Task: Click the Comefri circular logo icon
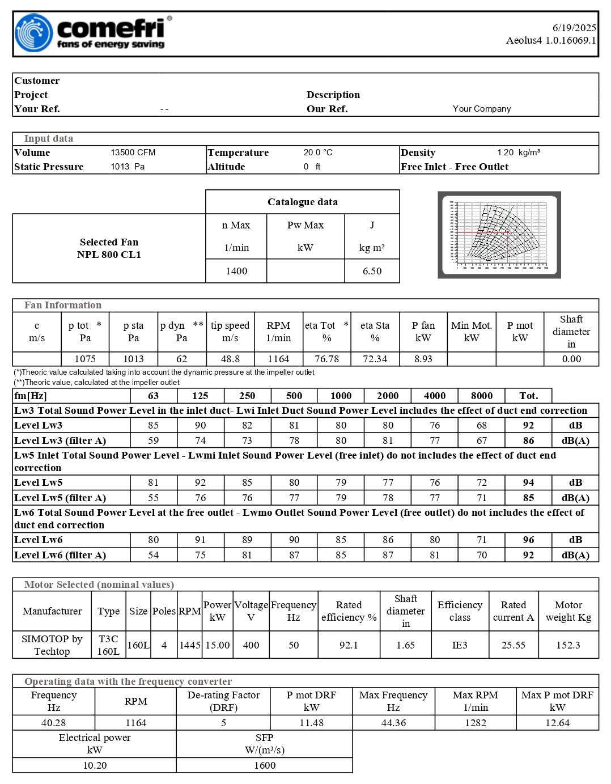[x=34, y=33]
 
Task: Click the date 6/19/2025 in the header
[x=574, y=28]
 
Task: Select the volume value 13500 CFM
[x=133, y=152]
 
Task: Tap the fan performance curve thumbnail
[x=499, y=235]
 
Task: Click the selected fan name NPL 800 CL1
[x=109, y=255]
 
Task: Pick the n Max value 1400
[x=236, y=271]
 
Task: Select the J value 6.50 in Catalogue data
[x=372, y=271]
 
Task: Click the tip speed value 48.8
[x=230, y=359]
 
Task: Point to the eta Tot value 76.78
[x=326, y=359]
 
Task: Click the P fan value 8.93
[x=423, y=359]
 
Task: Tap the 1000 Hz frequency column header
[x=341, y=396]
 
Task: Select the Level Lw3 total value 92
[x=528, y=425]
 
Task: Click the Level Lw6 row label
[x=39, y=540]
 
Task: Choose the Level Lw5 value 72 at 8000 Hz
[x=481, y=482]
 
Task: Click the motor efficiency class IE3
[x=460, y=645]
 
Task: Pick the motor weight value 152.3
[x=568, y=645]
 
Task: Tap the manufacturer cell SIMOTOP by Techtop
[x=52, y=645]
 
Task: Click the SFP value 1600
[x=265, y=765]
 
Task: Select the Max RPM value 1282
[x=475, y=723]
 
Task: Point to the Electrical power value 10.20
[x=95, y=765]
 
